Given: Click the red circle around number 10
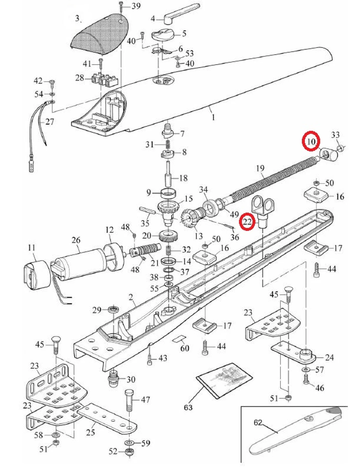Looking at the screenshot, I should [x=311, y=141].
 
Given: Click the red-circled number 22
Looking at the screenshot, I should [x=247, y=222].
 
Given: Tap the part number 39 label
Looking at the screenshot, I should [x=136, y=6].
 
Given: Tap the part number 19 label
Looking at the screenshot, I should [x=260, y=168].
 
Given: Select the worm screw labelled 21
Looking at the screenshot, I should [x=146, y=252].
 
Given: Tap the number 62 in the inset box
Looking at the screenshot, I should [x=258, y=422].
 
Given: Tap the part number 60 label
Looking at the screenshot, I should [x=185, y=348].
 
